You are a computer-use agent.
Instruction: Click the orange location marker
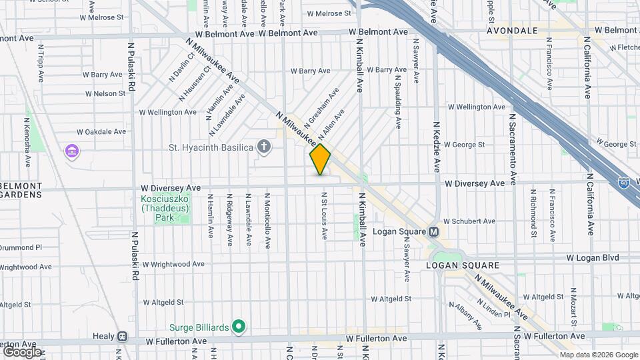coord(320,159)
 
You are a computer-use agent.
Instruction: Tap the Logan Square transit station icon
coord(433,232)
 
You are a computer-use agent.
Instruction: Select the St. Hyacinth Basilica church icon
coord(264,147)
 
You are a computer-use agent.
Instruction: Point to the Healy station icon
coord(122,337)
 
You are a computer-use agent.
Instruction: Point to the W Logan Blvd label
coord(593,257)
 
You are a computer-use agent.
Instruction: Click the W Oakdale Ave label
coord(101,132)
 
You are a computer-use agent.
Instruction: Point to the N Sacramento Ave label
coord(513,148)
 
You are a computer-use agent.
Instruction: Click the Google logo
coord(22,351)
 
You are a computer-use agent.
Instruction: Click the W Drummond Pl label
coord(20,247)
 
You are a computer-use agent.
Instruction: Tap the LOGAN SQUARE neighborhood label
coord(463,265)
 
